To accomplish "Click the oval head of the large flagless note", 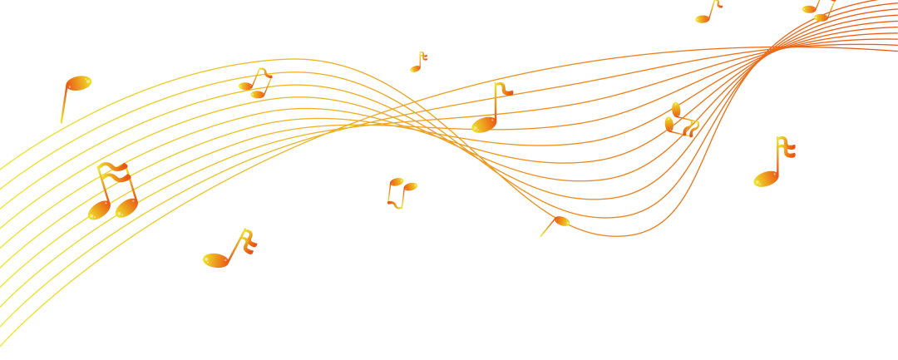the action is tap(79, 83).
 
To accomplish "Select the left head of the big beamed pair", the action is tap(99, 210).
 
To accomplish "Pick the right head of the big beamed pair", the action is tap(126, 207).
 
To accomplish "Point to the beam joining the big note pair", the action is tap(112, 170).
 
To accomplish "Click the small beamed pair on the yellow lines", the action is tap(256, 84).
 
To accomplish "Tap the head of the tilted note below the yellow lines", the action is tap(215, 260).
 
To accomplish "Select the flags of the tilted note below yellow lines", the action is tap(248, 242).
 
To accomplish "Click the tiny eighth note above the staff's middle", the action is tap(417, 62).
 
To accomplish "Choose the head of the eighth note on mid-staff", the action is tap(483, 125).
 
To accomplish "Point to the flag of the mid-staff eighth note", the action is tap(504, 88).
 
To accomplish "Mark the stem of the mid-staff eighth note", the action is tap(496, 102).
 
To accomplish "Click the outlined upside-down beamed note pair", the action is tap(400, 192).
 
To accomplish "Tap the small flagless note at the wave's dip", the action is tap(560, 222).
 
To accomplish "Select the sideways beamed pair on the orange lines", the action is tap(680, 121).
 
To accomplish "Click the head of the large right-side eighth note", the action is tap(766, 179).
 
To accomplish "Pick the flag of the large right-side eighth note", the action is tap(786, 147).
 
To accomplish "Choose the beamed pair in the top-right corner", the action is tap(818, 11).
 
